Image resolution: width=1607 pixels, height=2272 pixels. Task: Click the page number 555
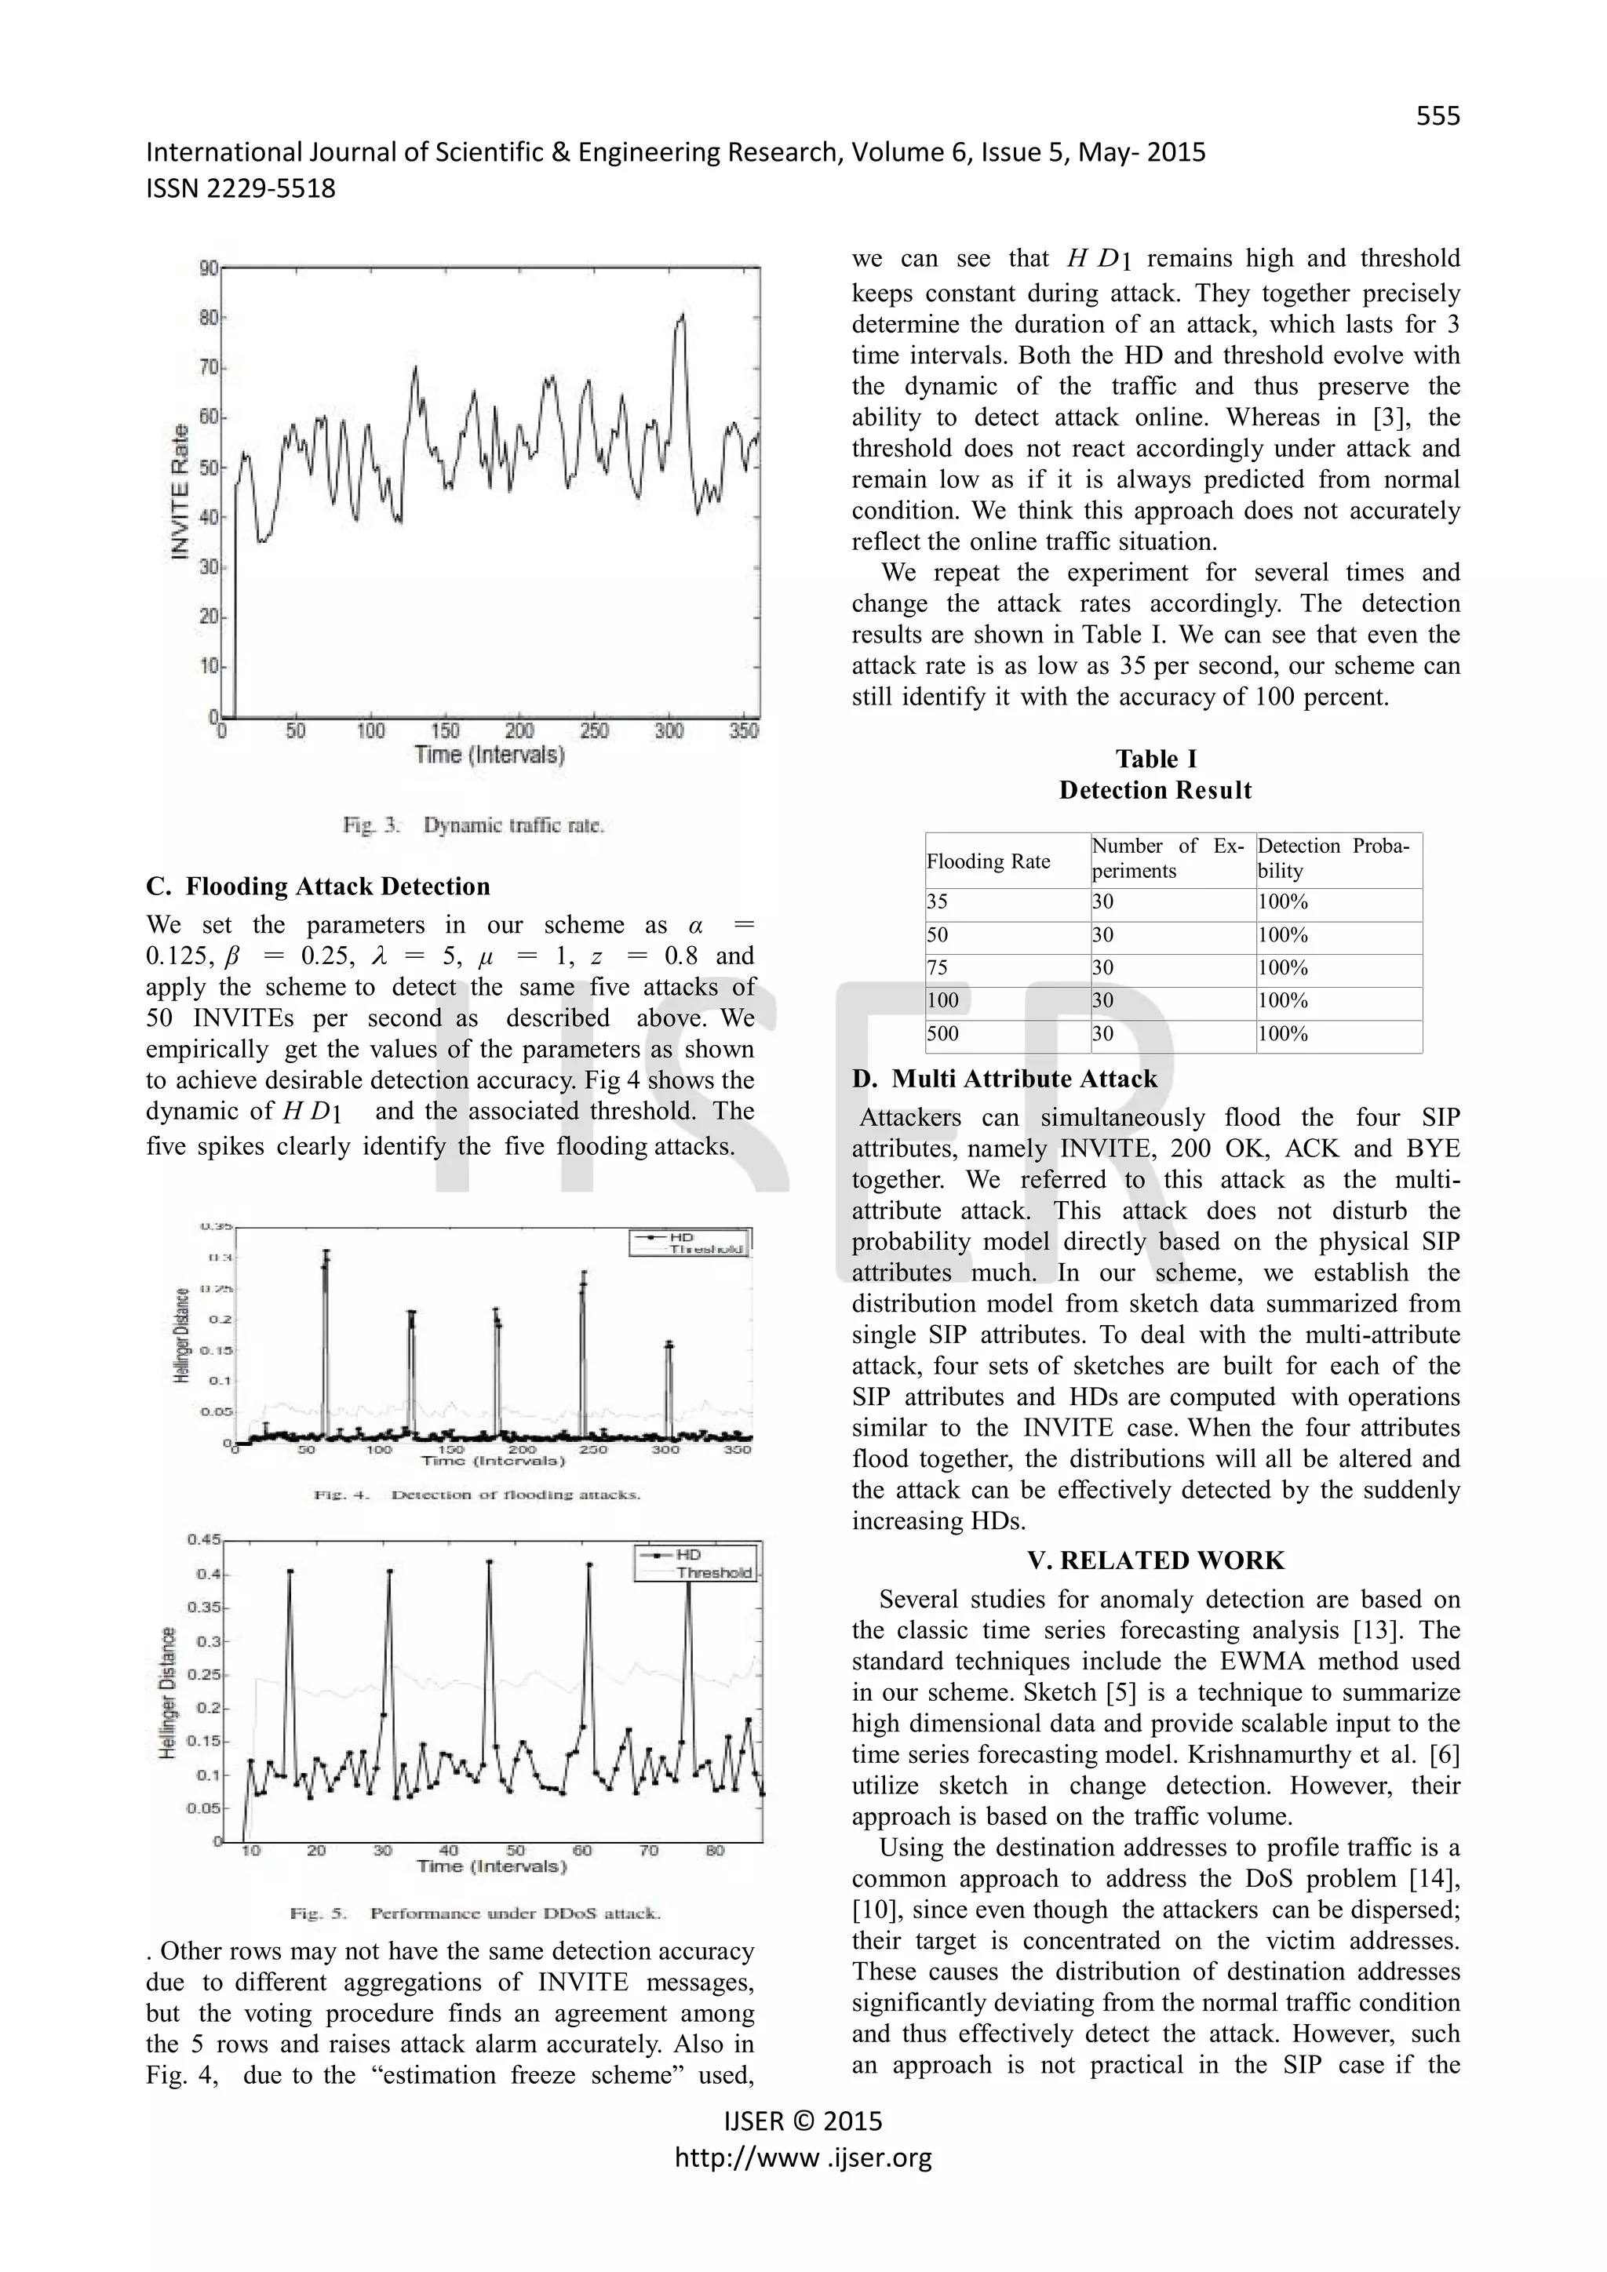[x=1437, y=117]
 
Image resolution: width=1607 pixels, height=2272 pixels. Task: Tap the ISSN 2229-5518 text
[x=240, y=188]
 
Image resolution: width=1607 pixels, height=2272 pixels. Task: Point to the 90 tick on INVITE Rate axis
[x=208, y=268]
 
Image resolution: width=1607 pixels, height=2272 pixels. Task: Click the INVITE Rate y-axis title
[x=180, y=492]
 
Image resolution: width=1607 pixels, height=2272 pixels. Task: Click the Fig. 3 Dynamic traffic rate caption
[x=473, y=825]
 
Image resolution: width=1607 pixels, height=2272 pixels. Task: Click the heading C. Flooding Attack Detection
[x=318, y=886]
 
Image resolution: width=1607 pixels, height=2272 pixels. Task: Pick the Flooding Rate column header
[x=988, y=861]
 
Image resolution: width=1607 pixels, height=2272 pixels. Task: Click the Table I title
[x=1155, y=759]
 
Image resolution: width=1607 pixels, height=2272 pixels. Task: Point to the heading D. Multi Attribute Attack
[x=1004, y=1079]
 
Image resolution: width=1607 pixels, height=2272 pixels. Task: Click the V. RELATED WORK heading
[x=1155, y=1560]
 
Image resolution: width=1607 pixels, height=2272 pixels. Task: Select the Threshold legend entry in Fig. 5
[x=713, y=1572]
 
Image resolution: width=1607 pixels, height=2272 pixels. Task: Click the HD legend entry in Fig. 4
[x=682, y=1237]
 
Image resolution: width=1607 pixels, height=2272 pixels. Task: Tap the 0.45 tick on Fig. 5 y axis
[x=204, y=1540]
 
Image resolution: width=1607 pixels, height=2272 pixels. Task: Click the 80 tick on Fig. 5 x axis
[x=715, y=1851]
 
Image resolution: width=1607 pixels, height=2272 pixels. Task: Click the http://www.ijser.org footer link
[x=803, y=2157]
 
